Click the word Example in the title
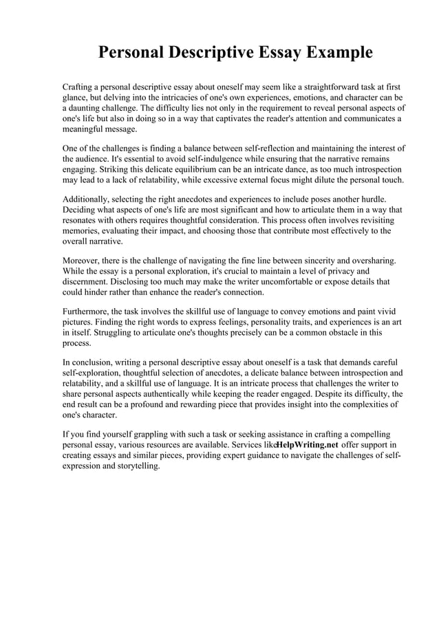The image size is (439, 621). point(332,52)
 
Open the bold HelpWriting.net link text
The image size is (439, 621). point(307,445)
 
